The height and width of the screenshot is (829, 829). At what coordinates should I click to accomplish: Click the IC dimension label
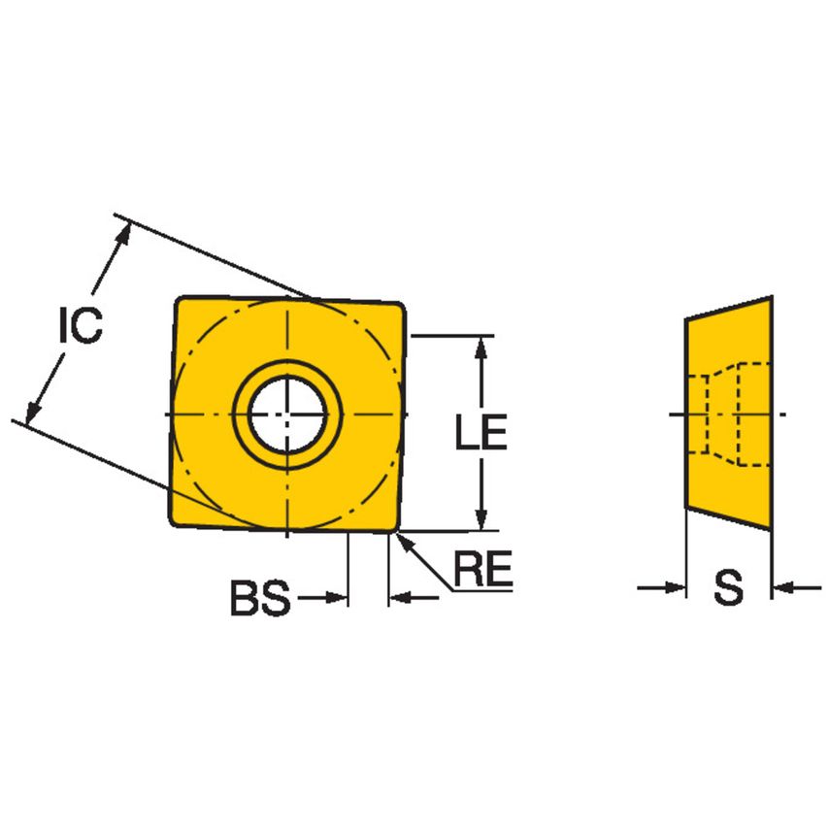pos(79,326)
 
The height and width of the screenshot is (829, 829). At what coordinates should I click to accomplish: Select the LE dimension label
pos(481,433)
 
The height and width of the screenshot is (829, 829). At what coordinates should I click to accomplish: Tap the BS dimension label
pos(259,599)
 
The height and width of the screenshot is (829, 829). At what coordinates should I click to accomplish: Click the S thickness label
pos(728,587)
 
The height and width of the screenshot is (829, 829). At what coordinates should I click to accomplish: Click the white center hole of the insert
pos(288,415)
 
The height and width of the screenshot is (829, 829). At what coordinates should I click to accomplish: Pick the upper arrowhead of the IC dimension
pos(123,233)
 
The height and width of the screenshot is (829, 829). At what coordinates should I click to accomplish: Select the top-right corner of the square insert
pos(402,305)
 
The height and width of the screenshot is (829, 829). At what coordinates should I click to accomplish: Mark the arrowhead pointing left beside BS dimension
pos(399,599)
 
